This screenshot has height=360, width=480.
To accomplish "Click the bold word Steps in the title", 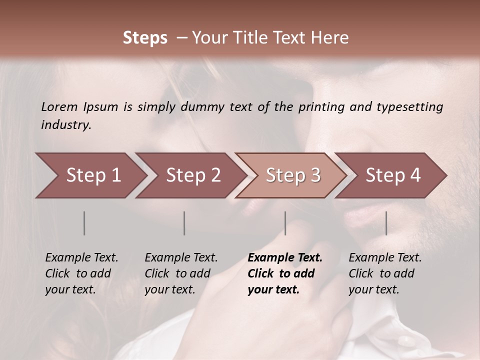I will (145, 38).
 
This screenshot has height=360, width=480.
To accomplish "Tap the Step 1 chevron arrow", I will (90, 175).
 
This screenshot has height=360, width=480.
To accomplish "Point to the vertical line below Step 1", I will (84, 223).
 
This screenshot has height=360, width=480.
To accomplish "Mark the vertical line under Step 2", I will (184, 223).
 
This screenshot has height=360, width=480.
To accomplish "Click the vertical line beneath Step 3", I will (285, 223).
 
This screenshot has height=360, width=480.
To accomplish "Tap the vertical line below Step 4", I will (386, 223).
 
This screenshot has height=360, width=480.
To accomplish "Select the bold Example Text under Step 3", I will (285, 258).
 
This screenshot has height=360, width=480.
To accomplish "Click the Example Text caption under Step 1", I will (81, 258).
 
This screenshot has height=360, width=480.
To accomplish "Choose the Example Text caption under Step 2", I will (181, 258).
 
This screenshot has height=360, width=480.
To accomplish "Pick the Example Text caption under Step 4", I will (385, 258).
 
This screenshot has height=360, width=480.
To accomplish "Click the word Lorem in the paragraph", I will (59, 107).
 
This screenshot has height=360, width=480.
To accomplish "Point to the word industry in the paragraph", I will (65, 125).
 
